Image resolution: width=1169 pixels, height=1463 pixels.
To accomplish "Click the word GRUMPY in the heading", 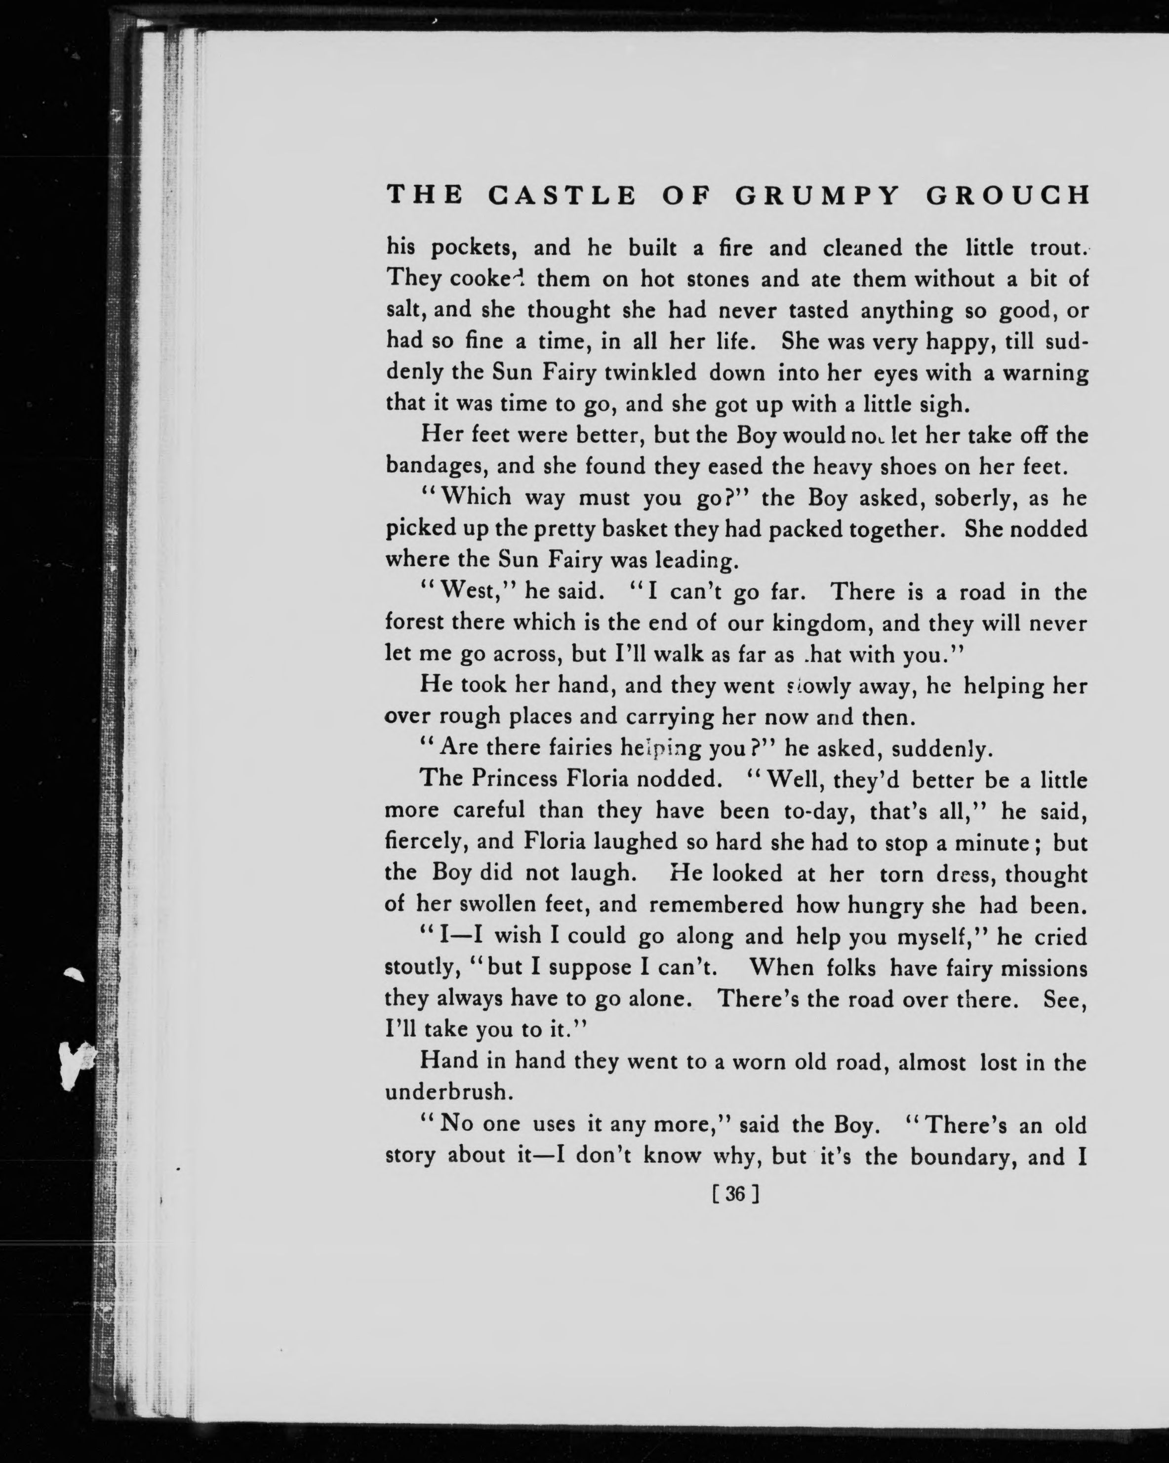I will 817,196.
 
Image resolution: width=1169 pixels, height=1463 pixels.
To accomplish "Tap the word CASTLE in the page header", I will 563,196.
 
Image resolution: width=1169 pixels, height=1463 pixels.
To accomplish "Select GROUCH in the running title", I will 1008,196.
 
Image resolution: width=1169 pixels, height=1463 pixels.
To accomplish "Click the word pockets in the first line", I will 475,249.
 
